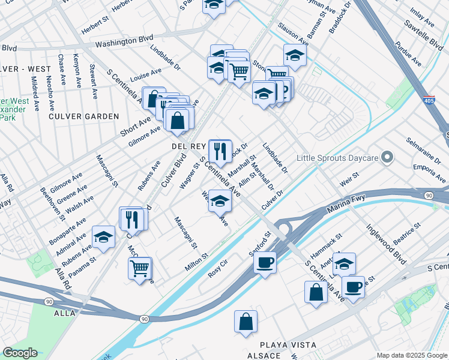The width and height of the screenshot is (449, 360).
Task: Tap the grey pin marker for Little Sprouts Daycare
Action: [x=387, y=158]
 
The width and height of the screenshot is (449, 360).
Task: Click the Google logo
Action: [x=20, y=353]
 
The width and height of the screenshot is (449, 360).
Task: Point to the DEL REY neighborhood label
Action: [x=189, y=146]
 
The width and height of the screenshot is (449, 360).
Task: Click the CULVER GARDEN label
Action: [x=84, y=116]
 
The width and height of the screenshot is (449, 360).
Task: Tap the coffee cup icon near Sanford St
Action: [x=265, y=262]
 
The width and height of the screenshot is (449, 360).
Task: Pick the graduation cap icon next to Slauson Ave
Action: [x=295, y=55]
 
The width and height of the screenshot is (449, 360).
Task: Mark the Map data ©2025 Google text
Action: [x=412, y=355]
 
